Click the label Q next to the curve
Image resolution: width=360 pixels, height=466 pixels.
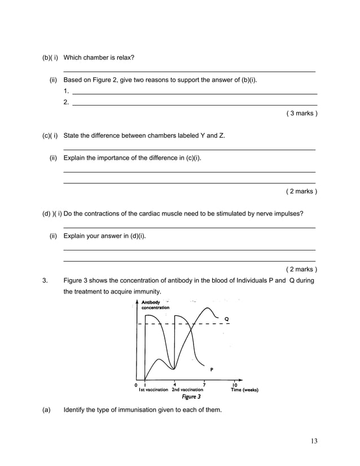tap(227, 319)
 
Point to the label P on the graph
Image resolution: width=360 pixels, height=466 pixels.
tap(212, 370)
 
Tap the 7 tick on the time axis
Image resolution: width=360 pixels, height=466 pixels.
tap(204, 385)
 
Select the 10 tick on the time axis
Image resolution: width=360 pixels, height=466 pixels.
tap(235, 385)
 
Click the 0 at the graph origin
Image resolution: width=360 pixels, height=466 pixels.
tap(135, 385)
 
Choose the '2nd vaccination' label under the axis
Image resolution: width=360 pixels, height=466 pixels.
tap(187, 390)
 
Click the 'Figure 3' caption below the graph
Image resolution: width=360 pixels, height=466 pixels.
tap(191, 397)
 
